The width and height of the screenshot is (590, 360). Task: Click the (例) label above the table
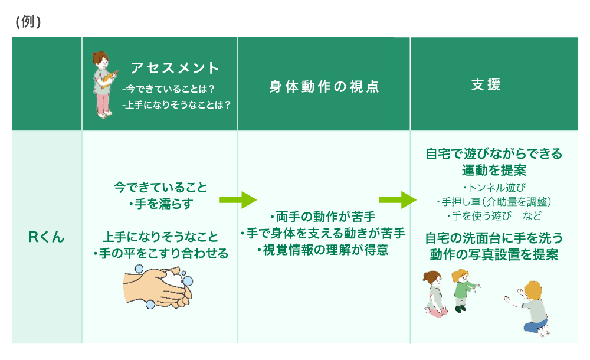(28, 22)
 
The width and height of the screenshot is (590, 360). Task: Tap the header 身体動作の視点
(324, 87)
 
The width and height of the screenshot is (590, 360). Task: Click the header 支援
(486, 84)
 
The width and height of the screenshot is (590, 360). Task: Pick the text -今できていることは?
(168, 89)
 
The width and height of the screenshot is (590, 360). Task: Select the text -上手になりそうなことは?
(175, 105)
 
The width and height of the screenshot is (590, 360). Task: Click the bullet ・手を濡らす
(160, 204)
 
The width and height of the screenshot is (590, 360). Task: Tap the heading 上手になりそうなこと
(160, 237)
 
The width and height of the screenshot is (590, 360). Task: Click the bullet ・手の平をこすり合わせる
(160, 253)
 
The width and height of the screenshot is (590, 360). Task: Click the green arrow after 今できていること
(238, 200)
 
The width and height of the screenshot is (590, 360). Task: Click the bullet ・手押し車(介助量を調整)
(494, 202)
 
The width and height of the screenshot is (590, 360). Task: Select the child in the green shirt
(463, 289)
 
